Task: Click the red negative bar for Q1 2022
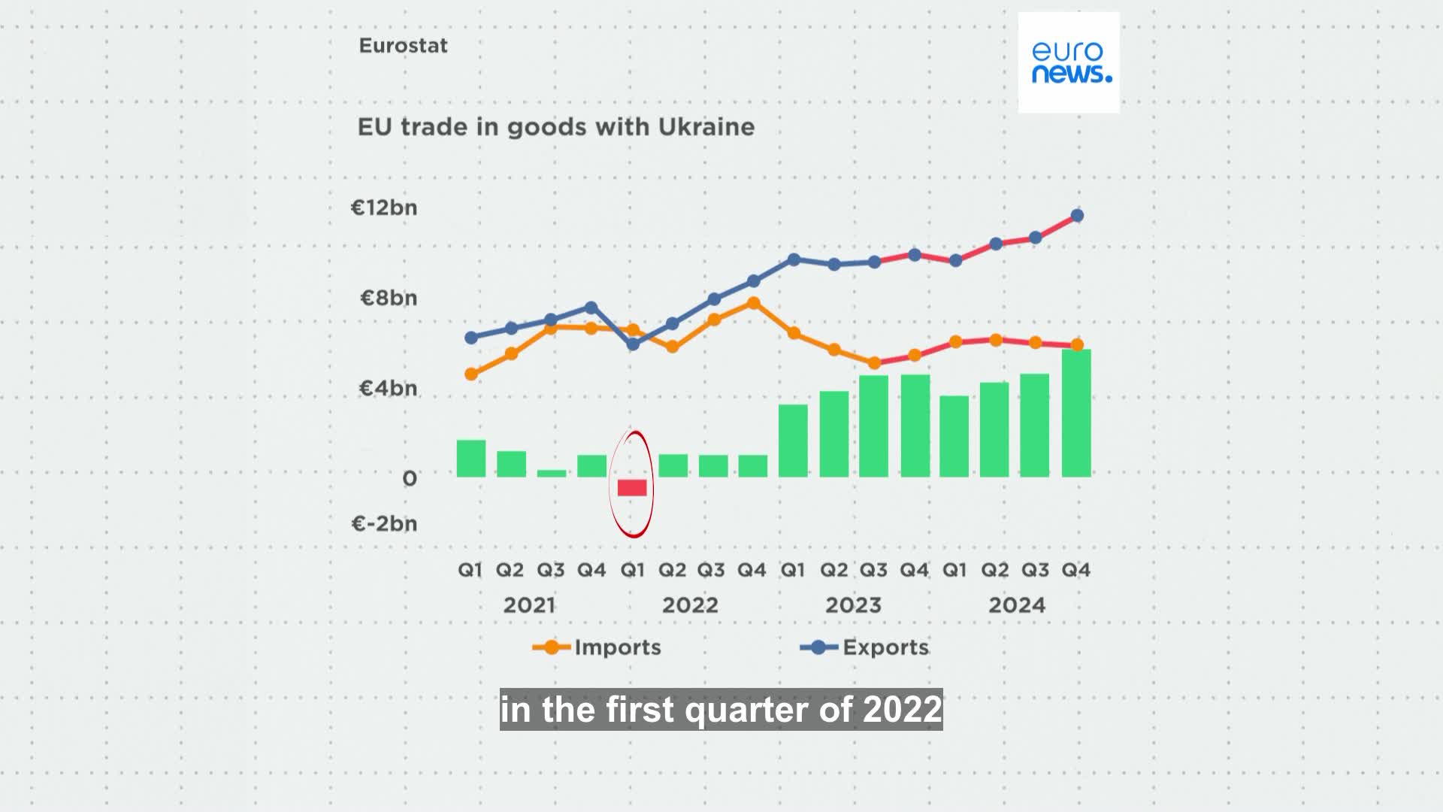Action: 632,487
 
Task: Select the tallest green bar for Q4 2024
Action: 1076,414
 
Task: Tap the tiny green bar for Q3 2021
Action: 552,474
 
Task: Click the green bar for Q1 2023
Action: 793,441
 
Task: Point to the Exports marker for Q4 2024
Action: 1077,216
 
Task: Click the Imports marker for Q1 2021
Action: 471,374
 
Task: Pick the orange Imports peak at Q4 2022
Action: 753,303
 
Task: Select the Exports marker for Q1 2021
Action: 471,338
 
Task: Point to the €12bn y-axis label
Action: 384,208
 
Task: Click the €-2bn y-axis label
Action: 384,523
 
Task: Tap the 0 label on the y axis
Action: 409,478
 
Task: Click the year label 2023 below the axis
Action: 853,605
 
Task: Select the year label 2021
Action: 529,605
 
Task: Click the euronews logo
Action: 1068,62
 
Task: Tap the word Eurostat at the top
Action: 403,46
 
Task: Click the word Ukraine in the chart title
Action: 706,127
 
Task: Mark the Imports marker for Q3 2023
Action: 874,363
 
